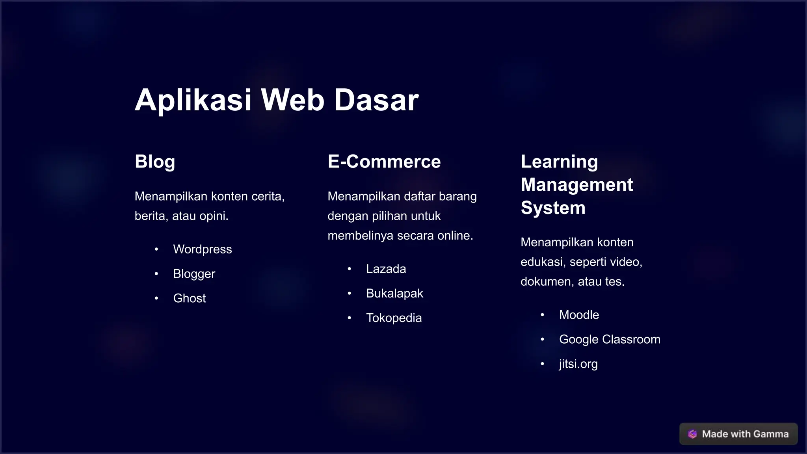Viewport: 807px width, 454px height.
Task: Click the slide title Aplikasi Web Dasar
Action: (x=277, y=100)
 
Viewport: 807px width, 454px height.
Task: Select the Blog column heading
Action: (x=155, y=162)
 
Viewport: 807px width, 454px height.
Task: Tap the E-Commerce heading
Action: (x=384, y=162)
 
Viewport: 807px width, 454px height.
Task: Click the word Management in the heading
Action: (x=577, y=185)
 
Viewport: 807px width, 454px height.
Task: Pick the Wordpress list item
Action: (x=203, y=249)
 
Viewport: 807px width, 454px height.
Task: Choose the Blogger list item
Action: (x=194, y=274)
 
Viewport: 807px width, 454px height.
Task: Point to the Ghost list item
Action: (x=190, y=298)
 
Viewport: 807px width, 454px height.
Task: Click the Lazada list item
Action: (x=386, y=269)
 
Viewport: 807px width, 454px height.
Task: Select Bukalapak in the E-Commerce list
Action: (x=394, y=294)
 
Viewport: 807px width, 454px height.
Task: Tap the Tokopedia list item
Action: (x=394, y=318)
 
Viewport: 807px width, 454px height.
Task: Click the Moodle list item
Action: (x=579, y=315)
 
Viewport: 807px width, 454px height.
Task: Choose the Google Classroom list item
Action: (x=610, y=339)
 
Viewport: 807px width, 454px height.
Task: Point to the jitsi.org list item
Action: (x=578, y=364)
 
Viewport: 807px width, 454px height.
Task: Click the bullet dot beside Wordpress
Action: (x=156, y=249)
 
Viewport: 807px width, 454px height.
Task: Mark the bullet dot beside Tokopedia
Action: (x=350, y=318)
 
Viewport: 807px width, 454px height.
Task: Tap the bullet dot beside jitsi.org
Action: (x=543, y=364)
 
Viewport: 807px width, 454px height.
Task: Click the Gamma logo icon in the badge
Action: (x=692, y=434)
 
